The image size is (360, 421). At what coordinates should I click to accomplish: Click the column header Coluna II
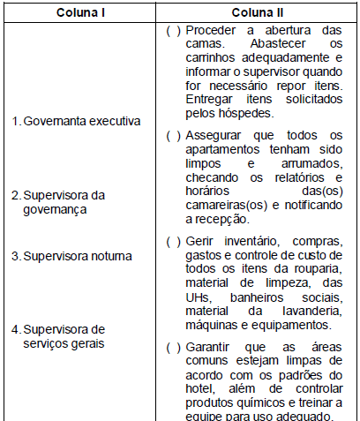[x=257, y=14]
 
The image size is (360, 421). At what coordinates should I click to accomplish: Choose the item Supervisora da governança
[x=64, y=202]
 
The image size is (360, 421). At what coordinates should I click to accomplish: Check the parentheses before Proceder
[x=173, y=30]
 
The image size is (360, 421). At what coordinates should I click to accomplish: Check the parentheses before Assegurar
[x=173, y=135]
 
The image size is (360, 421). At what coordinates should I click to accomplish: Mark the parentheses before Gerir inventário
[x=173, y=241]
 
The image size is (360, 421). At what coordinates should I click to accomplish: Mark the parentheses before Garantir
[x=173, y=348]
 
